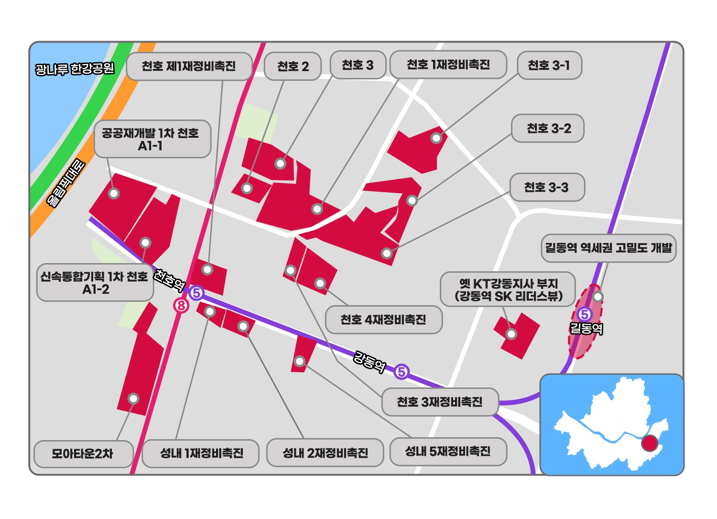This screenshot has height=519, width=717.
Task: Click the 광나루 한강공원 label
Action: pos(75,69)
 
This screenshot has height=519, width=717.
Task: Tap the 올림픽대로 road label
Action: pos(66,183)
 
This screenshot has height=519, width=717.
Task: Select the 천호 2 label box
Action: pos(293,66)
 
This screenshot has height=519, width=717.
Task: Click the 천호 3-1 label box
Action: pos(549,65)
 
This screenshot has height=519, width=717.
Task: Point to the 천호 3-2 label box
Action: pos(548,128)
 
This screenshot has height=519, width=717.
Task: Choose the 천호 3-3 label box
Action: pos(546,187)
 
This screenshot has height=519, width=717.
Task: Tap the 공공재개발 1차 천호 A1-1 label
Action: pos(152,139)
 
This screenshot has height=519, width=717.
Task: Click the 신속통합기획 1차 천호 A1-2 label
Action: pos(95,283)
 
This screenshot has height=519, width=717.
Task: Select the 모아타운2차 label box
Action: pos(83,453)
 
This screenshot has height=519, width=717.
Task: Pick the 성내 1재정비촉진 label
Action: pos(201,453)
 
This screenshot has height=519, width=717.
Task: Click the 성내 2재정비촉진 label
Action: pos(325,453)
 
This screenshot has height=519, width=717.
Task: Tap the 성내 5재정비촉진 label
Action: pos(448,451)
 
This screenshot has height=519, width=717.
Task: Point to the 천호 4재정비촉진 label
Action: pos(383,320)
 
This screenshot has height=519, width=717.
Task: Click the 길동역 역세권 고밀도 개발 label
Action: pos(608,248)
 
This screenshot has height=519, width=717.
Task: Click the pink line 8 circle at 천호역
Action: pos(181,305)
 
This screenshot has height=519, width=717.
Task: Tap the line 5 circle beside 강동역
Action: pos(402,372)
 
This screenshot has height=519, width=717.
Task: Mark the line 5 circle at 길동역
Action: pos(584,314)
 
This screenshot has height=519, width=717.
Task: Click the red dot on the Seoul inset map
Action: pos(649,443)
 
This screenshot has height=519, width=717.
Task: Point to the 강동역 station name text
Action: pos(369,362)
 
